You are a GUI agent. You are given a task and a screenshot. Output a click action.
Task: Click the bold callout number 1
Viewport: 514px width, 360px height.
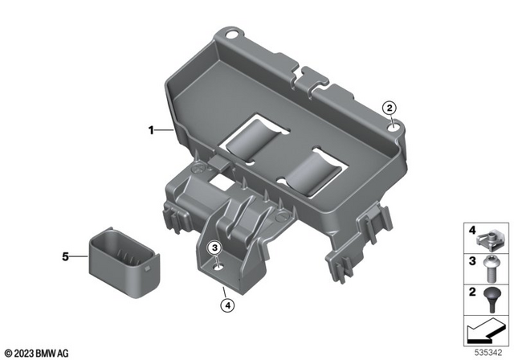click(149, 129)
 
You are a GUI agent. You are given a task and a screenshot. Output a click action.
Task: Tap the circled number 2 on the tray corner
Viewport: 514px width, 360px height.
click(389, 108)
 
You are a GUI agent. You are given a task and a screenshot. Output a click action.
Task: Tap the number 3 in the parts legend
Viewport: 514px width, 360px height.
click(472, 263)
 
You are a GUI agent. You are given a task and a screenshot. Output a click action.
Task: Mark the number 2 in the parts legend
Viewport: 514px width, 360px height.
click(472, 292)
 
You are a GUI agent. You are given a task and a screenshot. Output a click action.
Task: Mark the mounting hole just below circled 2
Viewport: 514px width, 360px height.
click(391, 123)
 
